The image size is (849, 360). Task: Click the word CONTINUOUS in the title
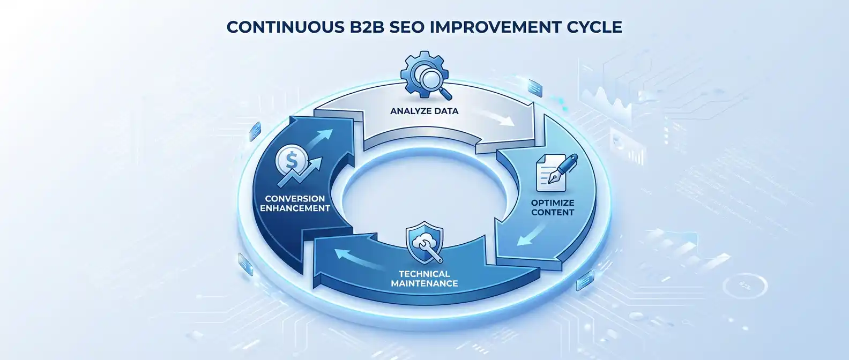click(x=283, y=27)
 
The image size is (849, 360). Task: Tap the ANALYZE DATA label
click(x=424, y=111)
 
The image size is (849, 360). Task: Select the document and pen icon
click(x=555, y=170)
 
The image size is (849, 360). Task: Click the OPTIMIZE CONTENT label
click(x=553, y=207)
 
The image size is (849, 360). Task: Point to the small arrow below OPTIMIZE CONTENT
click(x=531, y=234)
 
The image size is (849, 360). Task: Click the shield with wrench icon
click(x=424, y=243)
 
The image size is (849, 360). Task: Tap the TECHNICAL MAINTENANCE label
click(x=424, y=279)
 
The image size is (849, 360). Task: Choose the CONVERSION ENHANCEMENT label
click(x=295, y=204)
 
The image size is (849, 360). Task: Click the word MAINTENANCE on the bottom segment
click(x=424, y=283)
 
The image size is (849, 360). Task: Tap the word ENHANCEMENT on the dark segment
click(x=295, y=208)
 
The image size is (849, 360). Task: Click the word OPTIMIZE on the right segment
click(x=553, y=202)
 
